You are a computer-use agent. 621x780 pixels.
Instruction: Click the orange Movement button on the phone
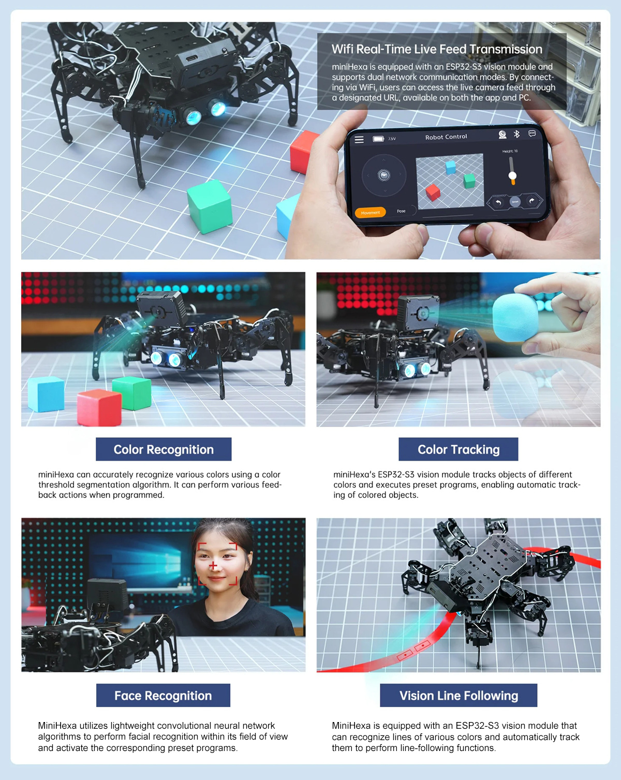[x=370, y=212]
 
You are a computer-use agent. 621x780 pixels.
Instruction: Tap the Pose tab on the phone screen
[x=401, y=211]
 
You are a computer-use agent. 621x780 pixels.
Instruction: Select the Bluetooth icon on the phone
[x=516, y=134]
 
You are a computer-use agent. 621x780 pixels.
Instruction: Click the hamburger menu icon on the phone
[x=359, y=140]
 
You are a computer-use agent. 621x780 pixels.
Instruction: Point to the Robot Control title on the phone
[x=446, y=137]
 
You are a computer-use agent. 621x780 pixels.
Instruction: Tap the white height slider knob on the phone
[x=512, y=176]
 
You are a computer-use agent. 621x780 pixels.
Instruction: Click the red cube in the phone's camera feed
[x=433, y=192]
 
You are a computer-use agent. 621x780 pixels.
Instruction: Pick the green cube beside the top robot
[x=210, y=206]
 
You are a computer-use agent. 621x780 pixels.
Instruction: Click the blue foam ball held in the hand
[x=514, y=317]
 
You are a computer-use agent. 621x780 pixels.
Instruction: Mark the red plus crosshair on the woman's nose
[x=213, y=565]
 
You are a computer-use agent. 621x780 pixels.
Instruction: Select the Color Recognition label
[x=164, y=449]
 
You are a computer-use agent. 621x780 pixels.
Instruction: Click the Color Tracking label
[x=458, y=449]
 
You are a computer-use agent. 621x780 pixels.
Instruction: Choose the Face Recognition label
[x=163, y=696]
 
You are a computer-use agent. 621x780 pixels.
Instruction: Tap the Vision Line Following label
[x=459, y=696]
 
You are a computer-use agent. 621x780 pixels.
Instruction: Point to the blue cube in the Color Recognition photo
[x=46, y=394]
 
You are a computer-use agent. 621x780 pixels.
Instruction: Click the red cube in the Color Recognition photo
[x=99, y=407]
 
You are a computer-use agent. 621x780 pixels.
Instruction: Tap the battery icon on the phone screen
[x=378, y=139]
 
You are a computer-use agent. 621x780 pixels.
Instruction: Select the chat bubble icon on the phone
[x=532, y=134]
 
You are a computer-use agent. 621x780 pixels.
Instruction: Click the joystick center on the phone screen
[x=384, y=175]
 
